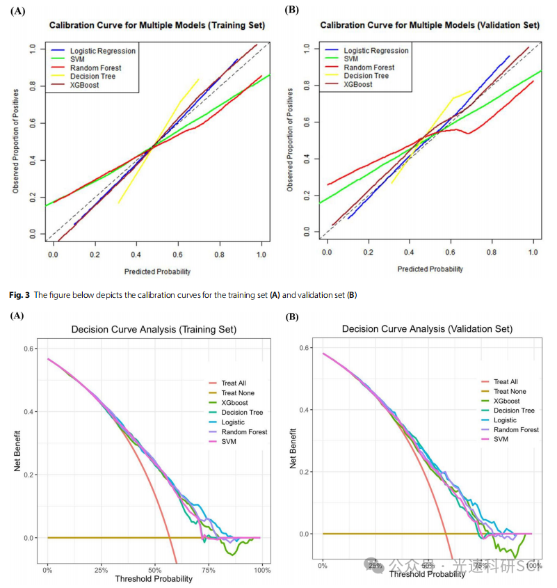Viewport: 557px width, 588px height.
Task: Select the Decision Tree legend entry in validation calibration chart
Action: point(366,76)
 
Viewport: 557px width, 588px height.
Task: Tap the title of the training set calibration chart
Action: point(156,25)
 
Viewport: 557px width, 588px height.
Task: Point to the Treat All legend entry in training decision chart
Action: point(234,383)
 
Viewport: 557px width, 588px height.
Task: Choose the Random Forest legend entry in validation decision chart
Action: point(515,430)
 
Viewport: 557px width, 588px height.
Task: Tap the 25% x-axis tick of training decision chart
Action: point(101,571)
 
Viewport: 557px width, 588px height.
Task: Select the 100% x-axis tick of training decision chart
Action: point(262,571)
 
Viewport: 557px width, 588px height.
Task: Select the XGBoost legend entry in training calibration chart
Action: point(84,85)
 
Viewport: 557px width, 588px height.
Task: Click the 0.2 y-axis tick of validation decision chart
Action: point(304,472)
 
